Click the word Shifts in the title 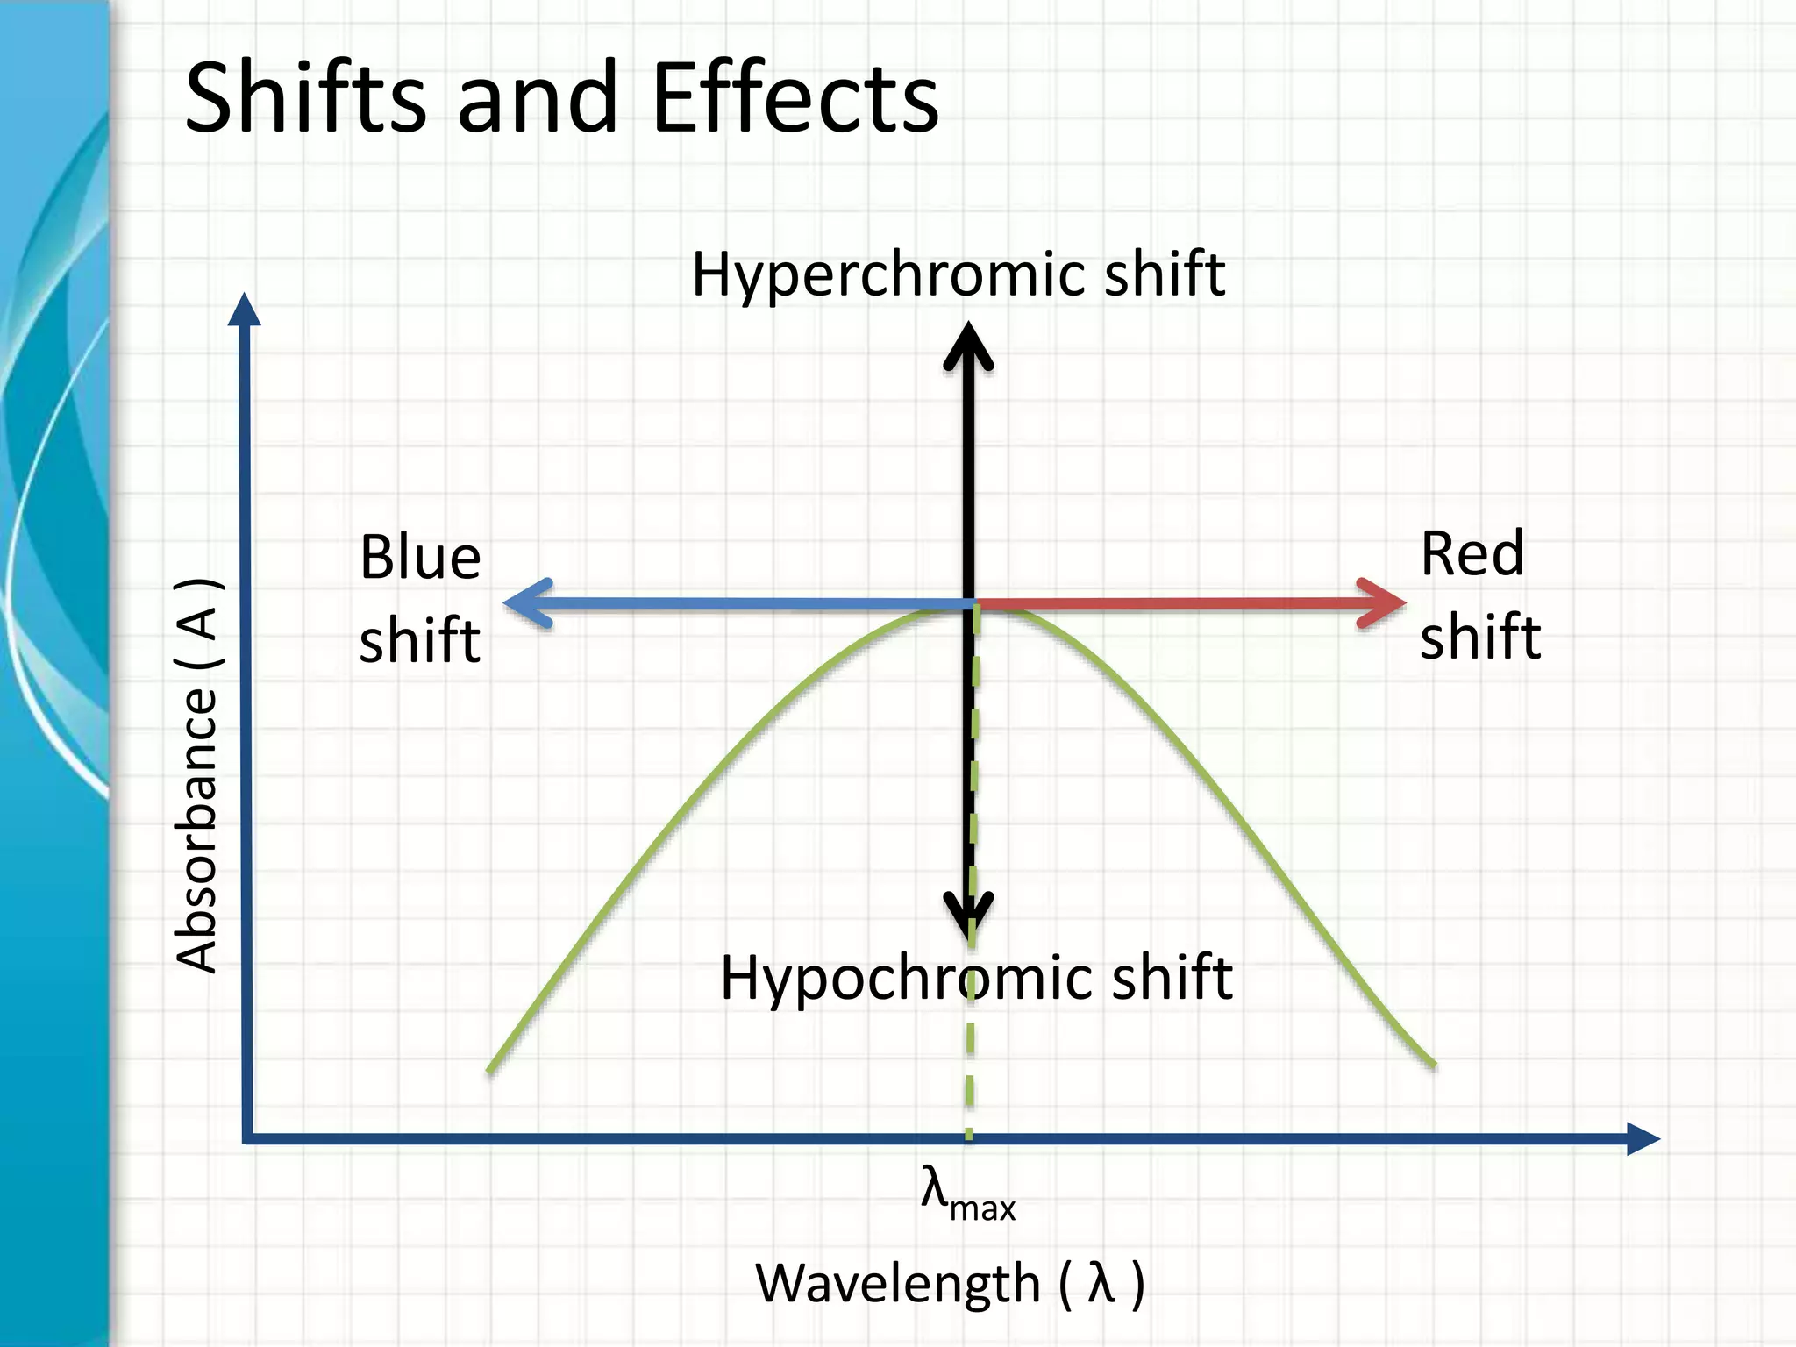tap(305, 98)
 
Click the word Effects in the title tap(795, 98)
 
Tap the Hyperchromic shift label tap(958, 274)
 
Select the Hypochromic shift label tap(976, 978)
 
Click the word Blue tap(420, 558)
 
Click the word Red tap(1472, 554)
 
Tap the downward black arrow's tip tap(969, 931)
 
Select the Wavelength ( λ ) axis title tap(950, 1284)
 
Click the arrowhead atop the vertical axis tap(244, 308)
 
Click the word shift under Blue tap(420, 640)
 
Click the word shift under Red tap(1480, 637)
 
